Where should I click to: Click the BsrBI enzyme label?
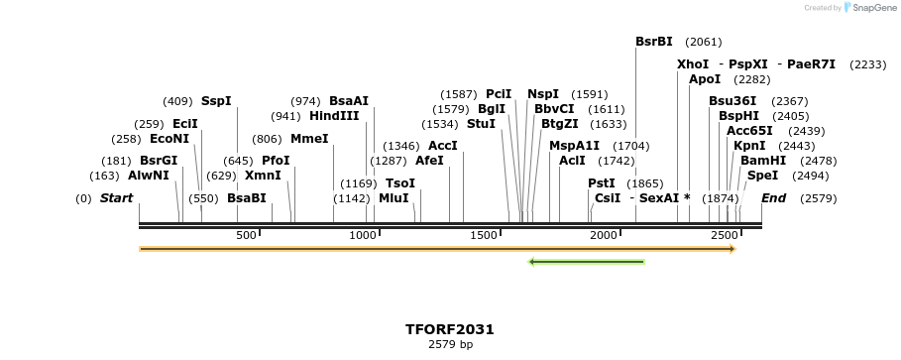pos(653,42)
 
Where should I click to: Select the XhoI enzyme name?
pos(693,63)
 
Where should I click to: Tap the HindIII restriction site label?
pos(334,115)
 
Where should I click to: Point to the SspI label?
pos(216,100)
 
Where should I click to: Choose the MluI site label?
pos(394,197)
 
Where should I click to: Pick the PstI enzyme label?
pos(602,182)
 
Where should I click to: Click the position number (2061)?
pos(704,42)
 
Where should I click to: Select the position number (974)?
pos(306,100)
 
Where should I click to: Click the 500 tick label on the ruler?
pos(246,235)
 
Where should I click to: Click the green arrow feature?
pos(587,262)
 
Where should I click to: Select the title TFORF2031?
pos(449,329)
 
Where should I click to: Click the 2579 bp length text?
pos(449,345)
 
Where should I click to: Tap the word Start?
pos(116,197)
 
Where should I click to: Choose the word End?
pos(773,197)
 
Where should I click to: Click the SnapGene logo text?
pos(868,8)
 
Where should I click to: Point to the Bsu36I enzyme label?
pos(732,100)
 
